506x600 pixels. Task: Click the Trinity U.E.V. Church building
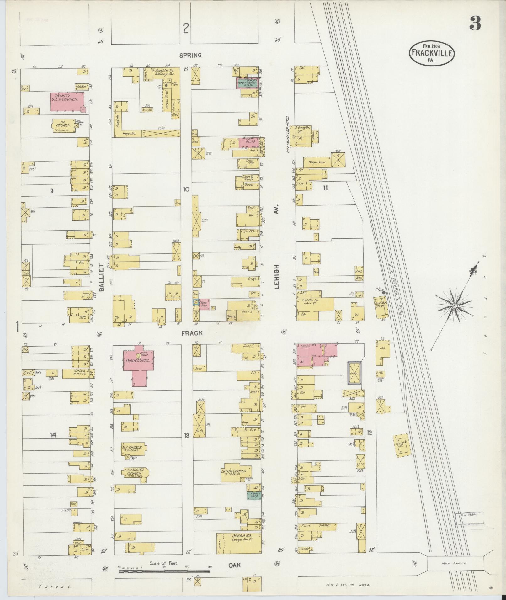[x=67, y=102]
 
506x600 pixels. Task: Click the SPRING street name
[x=190, y=56]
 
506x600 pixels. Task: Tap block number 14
[x=53, y=435]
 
